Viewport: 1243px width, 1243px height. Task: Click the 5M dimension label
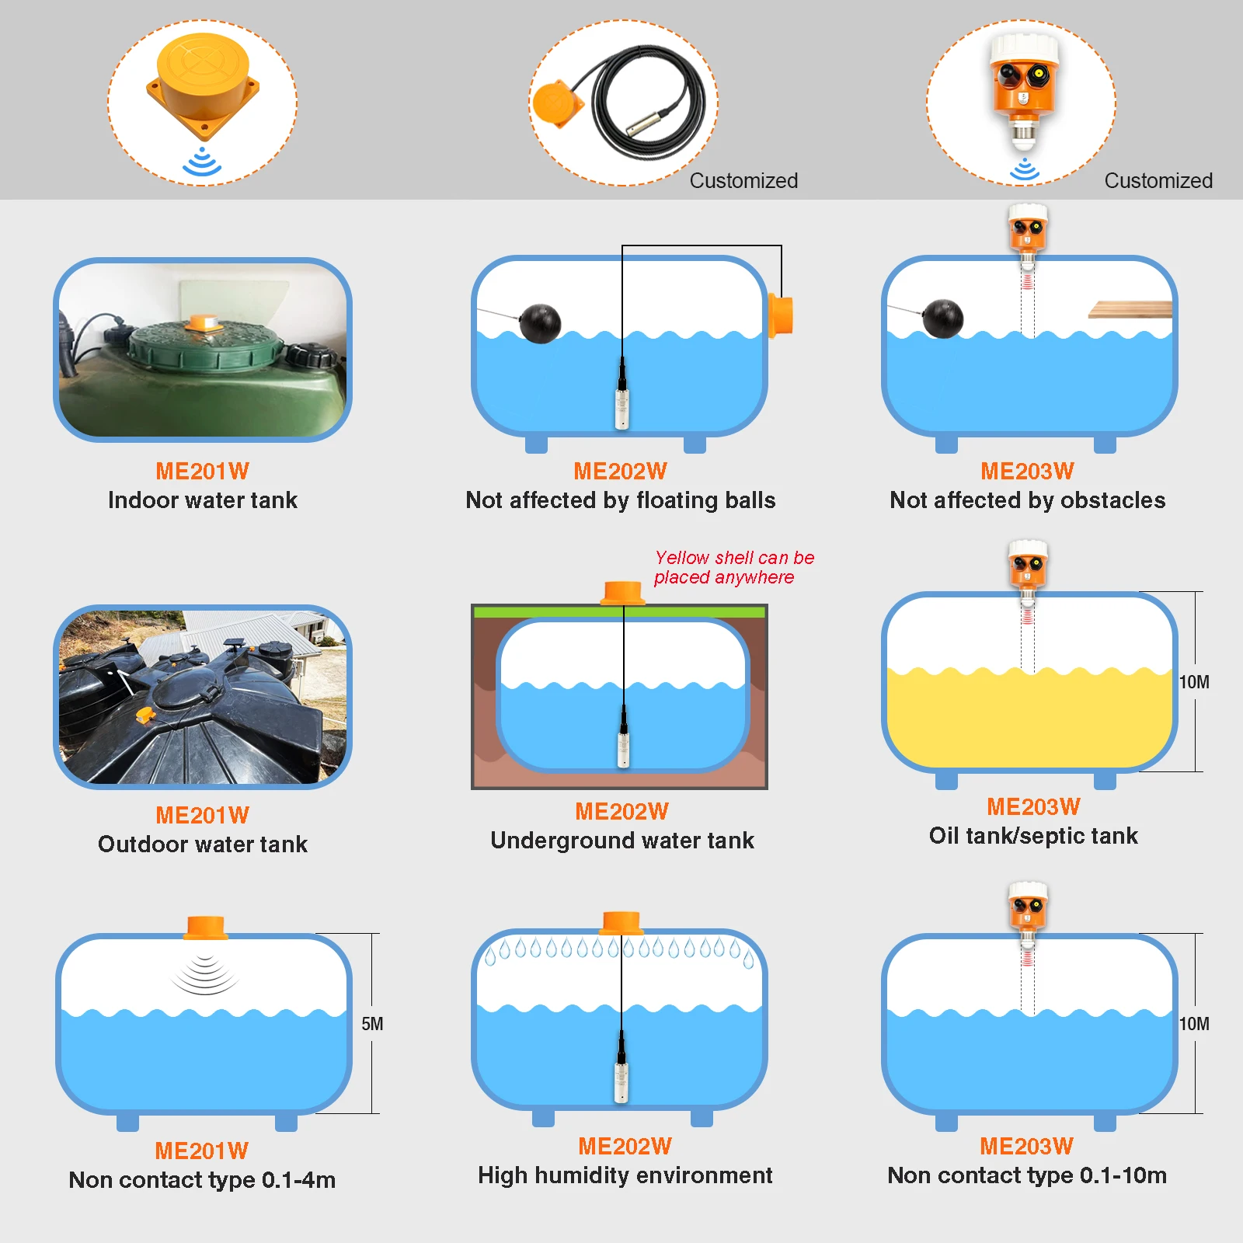pyautogui.click(x=372, y=1024)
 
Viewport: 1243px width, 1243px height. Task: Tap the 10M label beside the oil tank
pyautogui.click(x=1194, y=682)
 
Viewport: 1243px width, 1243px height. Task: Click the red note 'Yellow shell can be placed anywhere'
pyautogui.click(x=734, y=567)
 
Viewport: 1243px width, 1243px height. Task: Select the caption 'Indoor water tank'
pyautogui.click(x=203, y=500)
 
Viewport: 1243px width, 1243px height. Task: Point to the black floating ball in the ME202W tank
pyautogui.click(x=540, y=322)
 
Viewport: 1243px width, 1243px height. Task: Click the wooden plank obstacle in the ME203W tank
pyautogui.click(x=1130, y=310)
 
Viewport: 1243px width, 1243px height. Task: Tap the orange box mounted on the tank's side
pyautogui.click(x=781, y=316)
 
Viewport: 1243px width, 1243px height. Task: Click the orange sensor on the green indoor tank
pyautogui.click(x=204, y=322)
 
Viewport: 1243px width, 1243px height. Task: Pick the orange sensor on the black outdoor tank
pyautogui.click(x=144, y=716)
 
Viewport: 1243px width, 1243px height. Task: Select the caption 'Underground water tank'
pyautogui.click(x=622, y=841)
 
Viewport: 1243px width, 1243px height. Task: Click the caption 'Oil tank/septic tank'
pyautogui.click(x=1033, y=836)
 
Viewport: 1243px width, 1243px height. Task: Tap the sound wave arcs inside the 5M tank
pyautogui.click(x=204, y=975)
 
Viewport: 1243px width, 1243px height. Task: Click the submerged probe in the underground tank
pyautogui.click(x=623, y=738)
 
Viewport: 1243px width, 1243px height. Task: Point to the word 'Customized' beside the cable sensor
pyautogui.click(x=743, y=181)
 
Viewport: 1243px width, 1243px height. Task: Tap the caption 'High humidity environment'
pyautogui.click(x=625, y=1175)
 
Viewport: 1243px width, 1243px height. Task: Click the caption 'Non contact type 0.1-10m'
pyautogui.click(x=1027, y=1175)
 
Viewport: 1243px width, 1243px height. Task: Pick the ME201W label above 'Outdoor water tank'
pyautogui.click(x=203, y=815)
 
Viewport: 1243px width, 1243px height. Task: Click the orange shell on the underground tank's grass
pyautogui.click(x=623, y=592)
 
